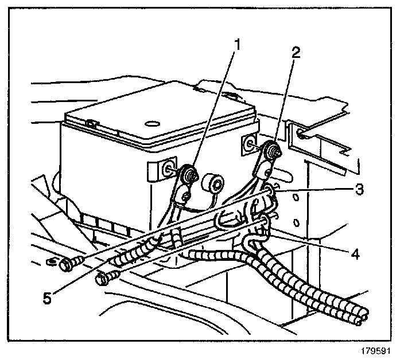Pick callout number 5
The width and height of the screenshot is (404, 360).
click(48, 298)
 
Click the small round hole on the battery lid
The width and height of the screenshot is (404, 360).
click(153, 123)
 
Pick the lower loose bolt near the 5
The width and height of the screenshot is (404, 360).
click(105, 279)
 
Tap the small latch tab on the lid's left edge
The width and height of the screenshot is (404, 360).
click(90, 122)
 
